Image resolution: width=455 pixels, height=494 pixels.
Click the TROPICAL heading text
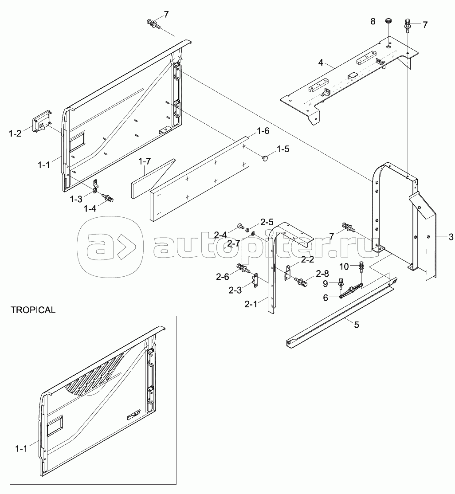point(33,310)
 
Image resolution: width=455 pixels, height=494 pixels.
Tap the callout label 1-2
point(15,133)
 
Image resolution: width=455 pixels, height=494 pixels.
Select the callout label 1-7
point(144,161)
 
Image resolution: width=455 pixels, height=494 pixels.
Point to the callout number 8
point(373,21)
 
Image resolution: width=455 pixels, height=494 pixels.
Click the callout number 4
point(321,63)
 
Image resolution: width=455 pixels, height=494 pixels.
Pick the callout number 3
point(451,237)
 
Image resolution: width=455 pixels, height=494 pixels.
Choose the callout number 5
point(357,325)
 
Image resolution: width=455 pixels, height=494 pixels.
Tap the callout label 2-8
point(322,274)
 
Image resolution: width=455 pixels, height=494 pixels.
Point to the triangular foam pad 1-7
point(153,179)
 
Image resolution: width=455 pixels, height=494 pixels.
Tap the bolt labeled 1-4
point(108,198)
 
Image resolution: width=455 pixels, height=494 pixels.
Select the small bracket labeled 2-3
point(255,280)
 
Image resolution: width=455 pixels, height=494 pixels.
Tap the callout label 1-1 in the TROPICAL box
point(21,449)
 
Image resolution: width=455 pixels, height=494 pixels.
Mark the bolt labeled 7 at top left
point(153,24)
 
